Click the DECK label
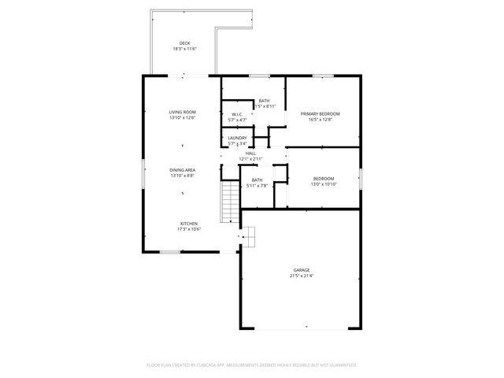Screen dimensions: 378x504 click(x=184, y=43)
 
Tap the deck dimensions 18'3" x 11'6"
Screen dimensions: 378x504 click(x=184, y=49)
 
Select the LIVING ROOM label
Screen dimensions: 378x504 click(x=182, y=113)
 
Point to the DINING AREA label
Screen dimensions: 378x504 click(x=182, y=170)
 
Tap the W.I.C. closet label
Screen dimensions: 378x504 click(x=237, y=114)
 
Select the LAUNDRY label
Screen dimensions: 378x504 click(x=237, y=138)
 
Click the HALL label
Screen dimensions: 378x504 click(x=250, y=154)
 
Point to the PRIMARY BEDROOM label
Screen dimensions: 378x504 click(x=321, y=113)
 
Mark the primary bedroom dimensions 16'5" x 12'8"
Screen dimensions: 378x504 click(x=321, y=120)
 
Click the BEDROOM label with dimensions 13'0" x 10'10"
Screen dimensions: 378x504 click(x=323, y=178)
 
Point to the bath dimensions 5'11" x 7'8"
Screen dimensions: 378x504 click(x=257, y=186)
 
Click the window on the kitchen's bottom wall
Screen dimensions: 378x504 click(x=171, y=252)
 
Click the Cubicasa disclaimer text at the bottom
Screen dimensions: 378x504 click(x=252, y=365)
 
